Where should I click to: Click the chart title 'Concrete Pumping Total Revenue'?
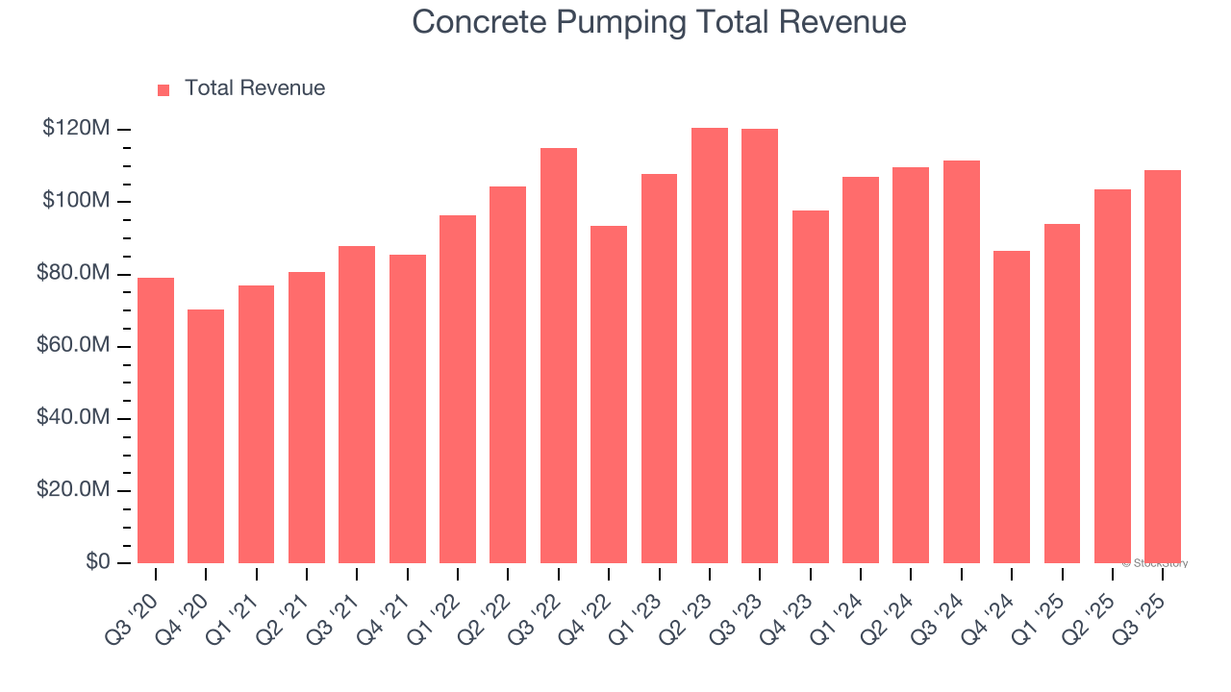pos(659,22)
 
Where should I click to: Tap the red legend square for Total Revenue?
pos(163,89)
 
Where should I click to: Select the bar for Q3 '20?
pos(156,420)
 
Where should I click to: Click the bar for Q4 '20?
pos(206,435)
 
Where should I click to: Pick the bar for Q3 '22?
pos(559,356)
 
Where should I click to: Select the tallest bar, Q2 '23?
pos(710,345)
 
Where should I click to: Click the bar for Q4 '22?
pos(609,394)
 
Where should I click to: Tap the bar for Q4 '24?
pos(1012,407)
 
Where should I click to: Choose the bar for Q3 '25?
pos(1163,366)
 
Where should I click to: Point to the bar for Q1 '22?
pos(458,389)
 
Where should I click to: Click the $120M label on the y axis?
pos(76,129)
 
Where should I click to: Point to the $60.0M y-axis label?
pos(72,346)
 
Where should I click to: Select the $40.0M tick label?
pos(72,418)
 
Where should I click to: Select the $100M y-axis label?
pos(76,201)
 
